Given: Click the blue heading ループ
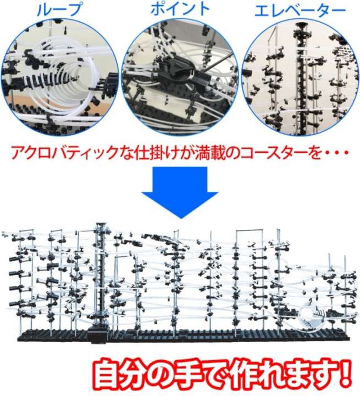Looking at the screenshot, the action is pyautogui.click(x=59, y=9).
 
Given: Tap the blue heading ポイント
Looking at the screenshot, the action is pyautogui.click(x=180, y=9).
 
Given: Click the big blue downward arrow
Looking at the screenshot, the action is pyautogui.click(x=180, y=193).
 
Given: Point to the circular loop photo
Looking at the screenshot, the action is pyautogui.click(x=60, y=78).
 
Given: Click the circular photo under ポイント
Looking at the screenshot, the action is pyautogui.click(x=180, y=78).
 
